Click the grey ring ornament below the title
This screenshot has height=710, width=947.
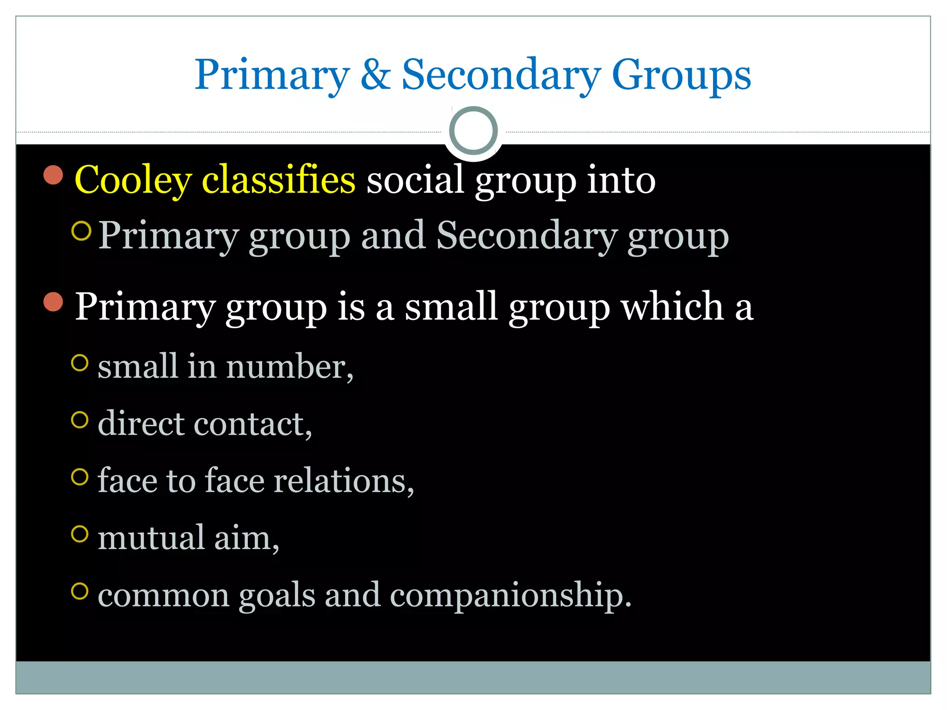(473, 131)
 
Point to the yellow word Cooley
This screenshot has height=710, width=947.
(133, 180)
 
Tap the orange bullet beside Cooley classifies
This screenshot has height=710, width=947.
(54, 175)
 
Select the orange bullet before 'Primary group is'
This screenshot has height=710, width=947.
(54, 302)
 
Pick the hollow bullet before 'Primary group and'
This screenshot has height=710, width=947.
(81, 231)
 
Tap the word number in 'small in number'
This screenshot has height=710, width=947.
(289, 367)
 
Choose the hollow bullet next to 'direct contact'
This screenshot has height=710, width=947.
(80, 420)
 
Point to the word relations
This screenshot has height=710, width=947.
(343, 481)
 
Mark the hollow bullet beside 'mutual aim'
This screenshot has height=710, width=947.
(80, 534)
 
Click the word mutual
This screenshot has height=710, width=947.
(151, 538)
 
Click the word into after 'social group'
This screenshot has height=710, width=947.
(621, 180)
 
